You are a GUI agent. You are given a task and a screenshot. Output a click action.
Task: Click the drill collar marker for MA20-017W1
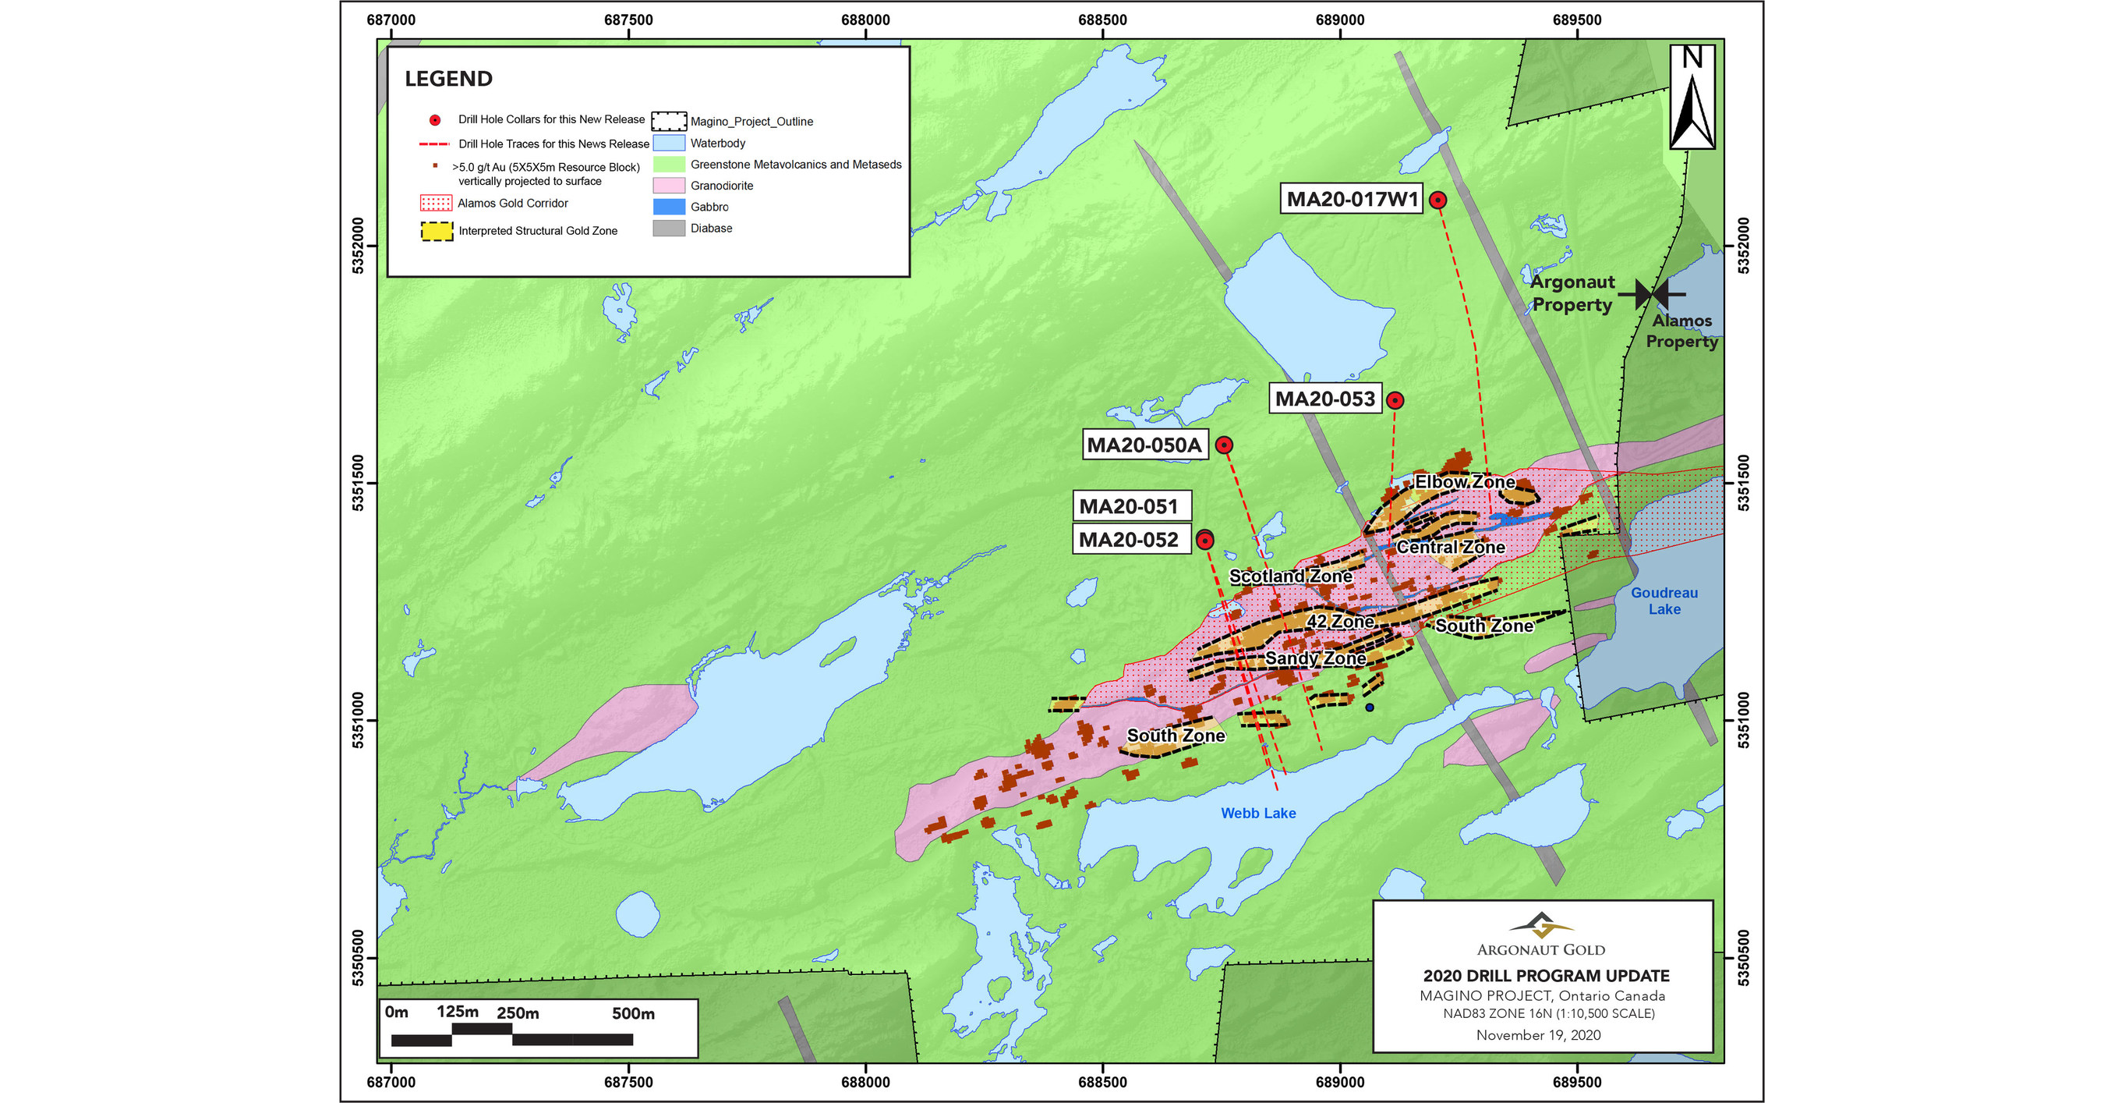1437,200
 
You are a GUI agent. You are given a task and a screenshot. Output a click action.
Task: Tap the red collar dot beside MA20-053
1395,400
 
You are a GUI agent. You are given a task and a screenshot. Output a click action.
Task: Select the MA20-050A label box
1144,445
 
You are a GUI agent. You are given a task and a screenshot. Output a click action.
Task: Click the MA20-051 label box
1130,506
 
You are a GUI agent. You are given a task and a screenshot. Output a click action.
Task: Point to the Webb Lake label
1258,813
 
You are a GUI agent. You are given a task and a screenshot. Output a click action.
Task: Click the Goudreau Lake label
1664,601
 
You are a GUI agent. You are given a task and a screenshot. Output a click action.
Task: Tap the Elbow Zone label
1465,482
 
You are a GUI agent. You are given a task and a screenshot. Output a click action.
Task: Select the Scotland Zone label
1290,576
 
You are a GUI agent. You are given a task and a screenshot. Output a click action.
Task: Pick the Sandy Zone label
1315,658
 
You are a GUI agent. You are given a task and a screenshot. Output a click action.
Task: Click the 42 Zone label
1339,621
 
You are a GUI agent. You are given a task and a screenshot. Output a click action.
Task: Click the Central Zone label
1450,547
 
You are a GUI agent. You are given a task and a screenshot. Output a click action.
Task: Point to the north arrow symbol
1692,98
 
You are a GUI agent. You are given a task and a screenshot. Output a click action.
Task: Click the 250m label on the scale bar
518,1013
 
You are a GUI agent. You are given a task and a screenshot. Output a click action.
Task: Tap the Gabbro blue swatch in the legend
669,207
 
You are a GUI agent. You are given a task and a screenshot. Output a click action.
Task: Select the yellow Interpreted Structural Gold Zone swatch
437,231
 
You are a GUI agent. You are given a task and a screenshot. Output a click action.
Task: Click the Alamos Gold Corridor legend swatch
435,203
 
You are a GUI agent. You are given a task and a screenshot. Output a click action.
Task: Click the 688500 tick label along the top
1102,20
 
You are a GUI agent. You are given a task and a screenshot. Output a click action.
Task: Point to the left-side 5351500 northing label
358,483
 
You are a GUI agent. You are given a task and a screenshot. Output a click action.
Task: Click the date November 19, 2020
1538,1035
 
